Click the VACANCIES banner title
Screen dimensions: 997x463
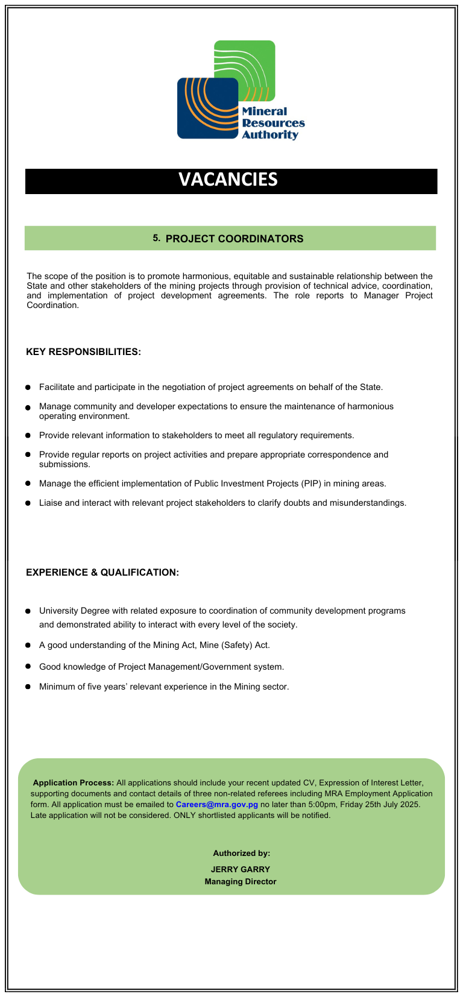click(x=228, y=180)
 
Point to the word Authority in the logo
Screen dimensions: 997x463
click(x=270, y=135)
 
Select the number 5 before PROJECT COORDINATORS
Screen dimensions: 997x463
click(x=156, y=238)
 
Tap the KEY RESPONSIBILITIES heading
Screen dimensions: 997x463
click(x=83, y=352)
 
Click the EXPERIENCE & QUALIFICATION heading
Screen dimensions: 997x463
click(x=102, y=573)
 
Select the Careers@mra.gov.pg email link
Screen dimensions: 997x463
click(x=216, y=805)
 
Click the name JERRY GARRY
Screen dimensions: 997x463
click(x=240, y=869)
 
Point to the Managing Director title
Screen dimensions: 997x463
click(x=240, y=882)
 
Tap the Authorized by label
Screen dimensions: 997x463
click(x=241, y=854)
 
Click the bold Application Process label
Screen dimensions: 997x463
click(x=73, y=783)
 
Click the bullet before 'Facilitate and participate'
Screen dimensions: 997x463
click(x=28, y=388)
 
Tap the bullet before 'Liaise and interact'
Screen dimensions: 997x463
click(x=28, y=503)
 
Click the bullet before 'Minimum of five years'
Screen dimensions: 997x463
click(x=28, y=687)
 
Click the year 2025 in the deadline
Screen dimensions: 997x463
click(x=409, y=805)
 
